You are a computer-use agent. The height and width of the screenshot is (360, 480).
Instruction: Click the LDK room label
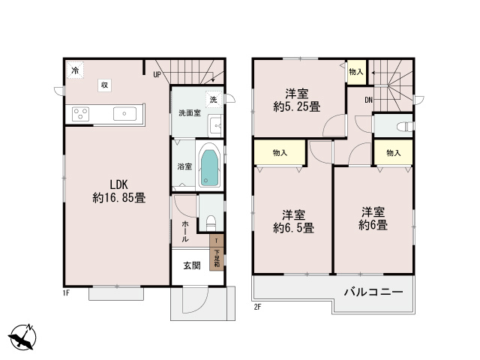[118, 184]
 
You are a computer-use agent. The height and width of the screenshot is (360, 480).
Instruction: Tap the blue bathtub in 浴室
[209, 166]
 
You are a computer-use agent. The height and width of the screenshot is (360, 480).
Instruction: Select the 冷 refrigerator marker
[75, 70]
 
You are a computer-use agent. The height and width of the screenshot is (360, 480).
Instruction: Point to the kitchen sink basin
[124, 114]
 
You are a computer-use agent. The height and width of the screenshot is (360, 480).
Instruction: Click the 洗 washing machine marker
[214, 100]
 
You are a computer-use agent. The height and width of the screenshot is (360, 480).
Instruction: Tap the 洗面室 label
[189, 113]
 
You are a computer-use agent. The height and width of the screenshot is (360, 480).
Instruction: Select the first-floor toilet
[211, 222]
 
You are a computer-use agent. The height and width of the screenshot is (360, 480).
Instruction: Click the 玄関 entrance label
[190, 265]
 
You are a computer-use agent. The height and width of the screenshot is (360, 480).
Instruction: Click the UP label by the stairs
[157, 74]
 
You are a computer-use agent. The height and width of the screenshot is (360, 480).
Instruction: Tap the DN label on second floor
[369, 100]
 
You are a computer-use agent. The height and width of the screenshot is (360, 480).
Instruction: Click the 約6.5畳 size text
[292, 227]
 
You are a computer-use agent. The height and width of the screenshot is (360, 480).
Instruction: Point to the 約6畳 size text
[373, 224]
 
